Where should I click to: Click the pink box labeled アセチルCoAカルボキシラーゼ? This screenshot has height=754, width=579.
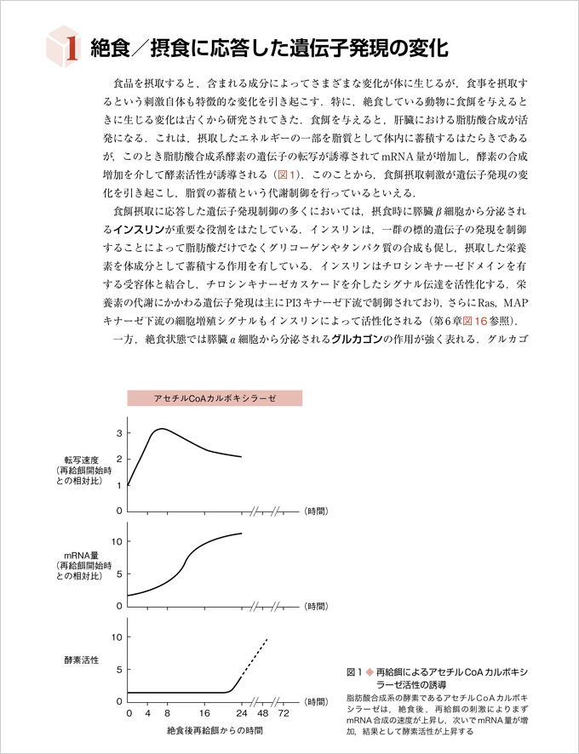[215, 398]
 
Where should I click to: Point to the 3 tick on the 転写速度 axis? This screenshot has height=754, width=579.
[118, 433]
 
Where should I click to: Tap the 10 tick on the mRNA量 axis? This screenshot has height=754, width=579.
[116, 541]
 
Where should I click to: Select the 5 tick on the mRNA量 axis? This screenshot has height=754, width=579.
[118, 574]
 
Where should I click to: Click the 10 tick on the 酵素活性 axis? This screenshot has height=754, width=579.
[116, 637]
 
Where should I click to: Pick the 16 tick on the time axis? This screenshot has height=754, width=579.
[204, 712]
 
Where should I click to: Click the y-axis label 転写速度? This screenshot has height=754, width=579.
[74, 460]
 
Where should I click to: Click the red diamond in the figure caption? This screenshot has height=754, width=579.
[369, 671]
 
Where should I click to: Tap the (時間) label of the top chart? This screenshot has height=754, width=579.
[315, 511]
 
